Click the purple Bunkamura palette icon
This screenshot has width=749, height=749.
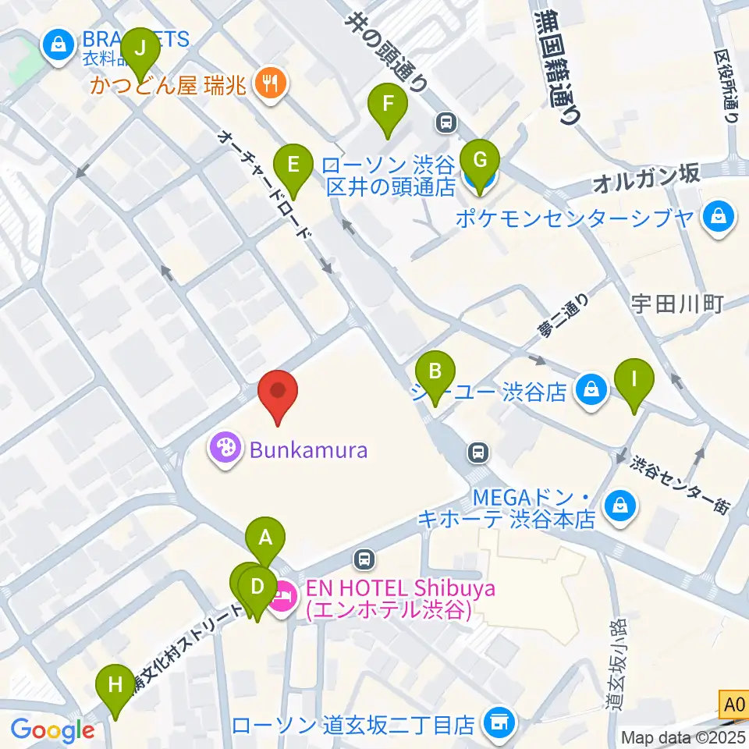point(225,449)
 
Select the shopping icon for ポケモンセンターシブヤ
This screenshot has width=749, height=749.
point(718,216)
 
